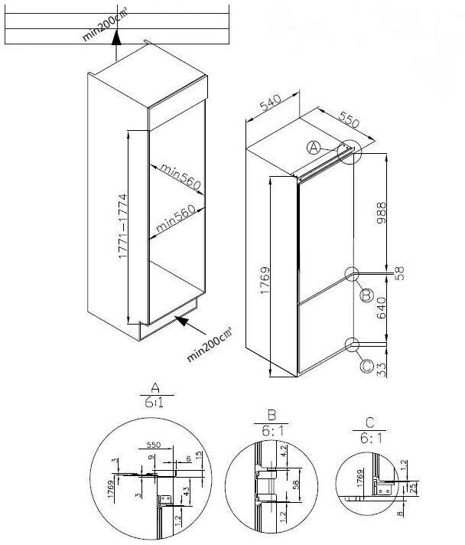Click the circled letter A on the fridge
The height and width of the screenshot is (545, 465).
313,148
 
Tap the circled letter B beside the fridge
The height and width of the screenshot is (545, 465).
366,295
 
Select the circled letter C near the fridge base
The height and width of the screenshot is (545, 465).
366,367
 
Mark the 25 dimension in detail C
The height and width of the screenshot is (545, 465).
414,488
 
